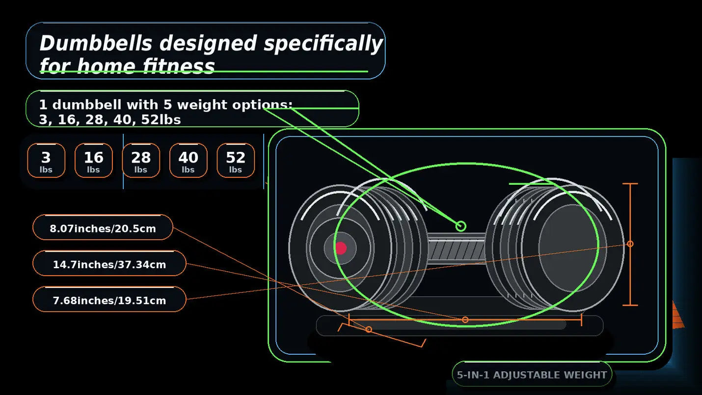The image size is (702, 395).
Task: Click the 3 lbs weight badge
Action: [46, 160]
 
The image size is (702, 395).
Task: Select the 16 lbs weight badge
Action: [93, 160]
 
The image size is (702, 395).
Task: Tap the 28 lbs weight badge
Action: [141, 160]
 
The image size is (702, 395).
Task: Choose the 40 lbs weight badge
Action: [188, 160]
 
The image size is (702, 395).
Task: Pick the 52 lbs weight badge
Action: [235, 160]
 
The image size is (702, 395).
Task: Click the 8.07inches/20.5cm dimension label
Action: [103, 227]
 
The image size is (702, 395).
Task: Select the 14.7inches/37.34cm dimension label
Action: [109, 263]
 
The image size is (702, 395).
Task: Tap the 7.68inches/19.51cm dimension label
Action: [109, 299]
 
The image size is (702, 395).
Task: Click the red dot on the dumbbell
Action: [341, 248]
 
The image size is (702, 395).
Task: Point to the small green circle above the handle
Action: [460, 226]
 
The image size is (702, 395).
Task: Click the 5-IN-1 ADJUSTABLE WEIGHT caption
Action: [532, 374]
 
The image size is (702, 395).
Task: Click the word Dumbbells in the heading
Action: [96, 43]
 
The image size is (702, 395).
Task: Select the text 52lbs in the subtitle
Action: [161, 119]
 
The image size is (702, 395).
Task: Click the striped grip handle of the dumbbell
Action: [457, 250]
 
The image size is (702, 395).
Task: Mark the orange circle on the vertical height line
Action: [630, 244]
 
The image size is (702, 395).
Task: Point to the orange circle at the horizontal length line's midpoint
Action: [465, 320]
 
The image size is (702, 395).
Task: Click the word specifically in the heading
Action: [323, 44]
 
